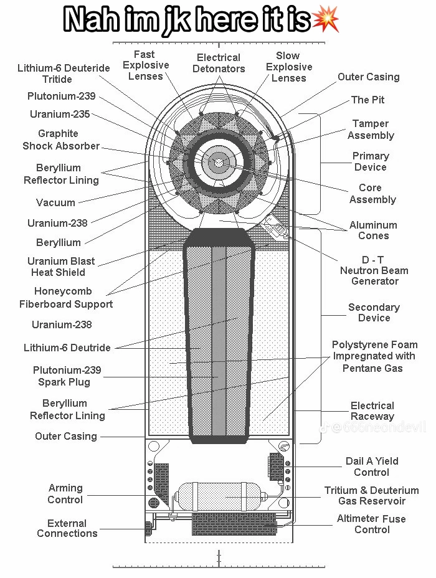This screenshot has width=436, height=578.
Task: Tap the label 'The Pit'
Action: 368,100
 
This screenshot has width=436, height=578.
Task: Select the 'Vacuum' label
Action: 55,202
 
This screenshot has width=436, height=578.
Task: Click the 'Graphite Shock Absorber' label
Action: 60,140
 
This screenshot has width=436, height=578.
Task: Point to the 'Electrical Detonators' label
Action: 219,63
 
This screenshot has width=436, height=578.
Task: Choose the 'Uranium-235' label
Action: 60,114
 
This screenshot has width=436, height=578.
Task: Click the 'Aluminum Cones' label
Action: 373,230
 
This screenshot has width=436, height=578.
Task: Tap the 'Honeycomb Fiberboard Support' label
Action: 66,298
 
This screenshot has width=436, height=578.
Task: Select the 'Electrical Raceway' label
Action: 372,411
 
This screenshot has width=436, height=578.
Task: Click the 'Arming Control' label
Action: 65,494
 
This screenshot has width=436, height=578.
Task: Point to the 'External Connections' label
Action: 67,528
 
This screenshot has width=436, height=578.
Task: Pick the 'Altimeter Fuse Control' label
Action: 372,524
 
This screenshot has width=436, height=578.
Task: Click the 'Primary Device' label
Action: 371,161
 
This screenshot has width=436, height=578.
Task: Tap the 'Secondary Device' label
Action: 374,313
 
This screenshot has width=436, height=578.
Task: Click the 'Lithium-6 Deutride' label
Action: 67,348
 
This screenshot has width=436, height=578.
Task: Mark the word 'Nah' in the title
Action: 93,20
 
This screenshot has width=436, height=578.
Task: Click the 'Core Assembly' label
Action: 372,194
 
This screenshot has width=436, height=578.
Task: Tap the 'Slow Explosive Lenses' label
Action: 288,67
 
